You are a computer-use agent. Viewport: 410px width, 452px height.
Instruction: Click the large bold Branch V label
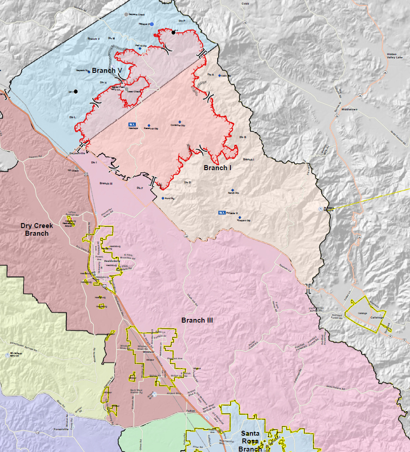(107, 71)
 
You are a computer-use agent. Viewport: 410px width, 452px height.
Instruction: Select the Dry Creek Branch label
(37, 229)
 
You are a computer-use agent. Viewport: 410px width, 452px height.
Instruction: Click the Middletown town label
(350, 109)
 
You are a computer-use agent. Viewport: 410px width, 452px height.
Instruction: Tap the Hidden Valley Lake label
(397, 56)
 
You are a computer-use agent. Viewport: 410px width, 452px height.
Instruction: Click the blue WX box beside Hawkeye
(132, 124)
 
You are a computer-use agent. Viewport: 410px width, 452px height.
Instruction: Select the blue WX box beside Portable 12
(222, 213)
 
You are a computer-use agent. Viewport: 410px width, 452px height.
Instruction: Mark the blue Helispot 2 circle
(152, 24)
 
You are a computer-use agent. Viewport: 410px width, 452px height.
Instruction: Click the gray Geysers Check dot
(126, 14)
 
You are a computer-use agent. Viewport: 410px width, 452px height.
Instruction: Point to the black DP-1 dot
(76, 91)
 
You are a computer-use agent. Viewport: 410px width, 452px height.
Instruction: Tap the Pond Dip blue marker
(163, 198)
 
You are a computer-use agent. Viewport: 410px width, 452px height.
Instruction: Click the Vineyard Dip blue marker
(240, 218)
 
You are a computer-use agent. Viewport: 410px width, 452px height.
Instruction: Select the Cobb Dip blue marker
(220, 76)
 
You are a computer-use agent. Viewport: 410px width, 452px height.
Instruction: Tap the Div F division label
(139, 188)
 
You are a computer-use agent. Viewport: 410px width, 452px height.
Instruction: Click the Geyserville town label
(78, 154)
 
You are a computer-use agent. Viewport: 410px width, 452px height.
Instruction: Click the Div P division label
(182, 21)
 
